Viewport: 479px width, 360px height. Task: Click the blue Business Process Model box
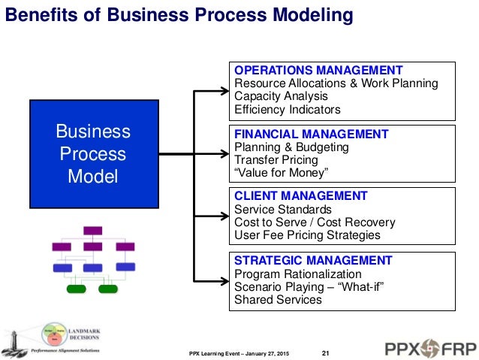point(94,154)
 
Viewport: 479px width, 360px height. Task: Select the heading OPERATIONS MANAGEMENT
point(319,71)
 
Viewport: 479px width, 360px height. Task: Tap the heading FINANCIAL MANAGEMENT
point(312,135)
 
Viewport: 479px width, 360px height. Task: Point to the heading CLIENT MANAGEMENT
point(301,196)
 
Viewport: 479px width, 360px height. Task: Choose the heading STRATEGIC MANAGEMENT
point(313,261)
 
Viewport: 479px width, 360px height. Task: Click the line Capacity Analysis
point(282,96)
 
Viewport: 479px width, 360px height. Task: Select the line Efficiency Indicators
point(288,109)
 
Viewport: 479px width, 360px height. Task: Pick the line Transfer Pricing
point(276,160)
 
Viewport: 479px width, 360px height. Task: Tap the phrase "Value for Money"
point(282,173)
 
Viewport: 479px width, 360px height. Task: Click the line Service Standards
point(283,210)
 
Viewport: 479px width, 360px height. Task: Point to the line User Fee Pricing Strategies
point(307,235)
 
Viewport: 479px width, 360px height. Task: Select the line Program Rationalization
point(298,274)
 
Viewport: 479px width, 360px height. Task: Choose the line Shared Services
point(278,300)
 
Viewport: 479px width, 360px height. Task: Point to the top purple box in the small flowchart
point(93,231)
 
